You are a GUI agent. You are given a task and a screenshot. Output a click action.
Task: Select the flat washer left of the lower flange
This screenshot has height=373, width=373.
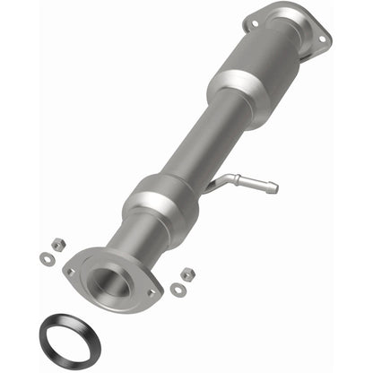pos(46,259)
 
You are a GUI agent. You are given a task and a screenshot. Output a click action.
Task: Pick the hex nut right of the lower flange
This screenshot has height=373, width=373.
pos(187,273)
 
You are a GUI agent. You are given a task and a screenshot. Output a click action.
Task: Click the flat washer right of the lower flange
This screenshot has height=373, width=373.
pos(178,290)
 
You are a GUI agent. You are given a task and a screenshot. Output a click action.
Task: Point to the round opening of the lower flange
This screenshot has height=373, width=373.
pos(116,280)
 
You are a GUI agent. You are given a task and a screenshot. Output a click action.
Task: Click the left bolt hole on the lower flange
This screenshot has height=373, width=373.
pos(70,270)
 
